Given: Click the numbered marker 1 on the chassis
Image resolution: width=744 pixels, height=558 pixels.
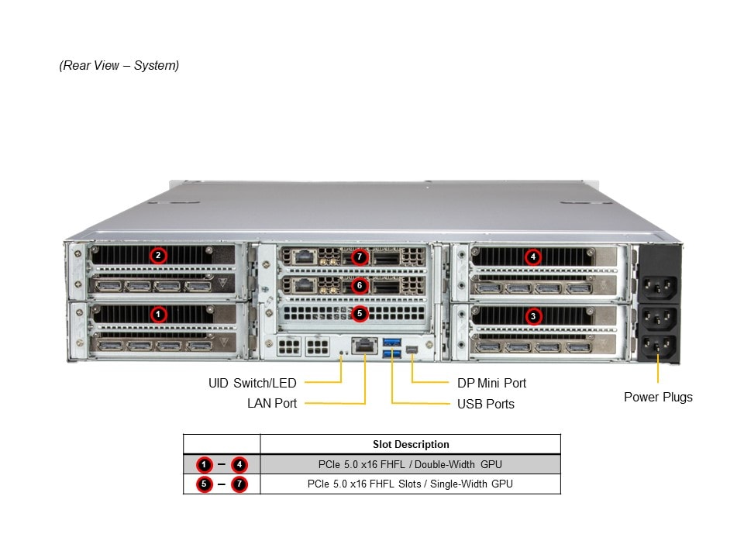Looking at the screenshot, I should [x=158, y=314].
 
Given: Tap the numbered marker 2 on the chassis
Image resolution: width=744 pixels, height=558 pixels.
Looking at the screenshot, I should [x=158, y=255].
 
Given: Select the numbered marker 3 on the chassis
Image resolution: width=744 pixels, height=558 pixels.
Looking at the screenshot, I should [x=532, y=315].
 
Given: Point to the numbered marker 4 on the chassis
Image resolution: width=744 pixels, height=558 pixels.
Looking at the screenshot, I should [x=532, y=257].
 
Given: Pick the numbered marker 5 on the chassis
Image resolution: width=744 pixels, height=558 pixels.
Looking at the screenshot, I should [x=359, y=313].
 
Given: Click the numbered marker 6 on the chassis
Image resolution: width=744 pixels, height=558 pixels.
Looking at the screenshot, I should [x=359, y=285].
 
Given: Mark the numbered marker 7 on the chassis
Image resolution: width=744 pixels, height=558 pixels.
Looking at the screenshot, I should [x=359, y=257].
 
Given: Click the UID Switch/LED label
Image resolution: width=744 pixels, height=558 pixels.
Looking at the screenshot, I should [x=252, y=383].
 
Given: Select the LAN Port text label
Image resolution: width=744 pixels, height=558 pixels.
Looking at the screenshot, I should [x=271, y=403].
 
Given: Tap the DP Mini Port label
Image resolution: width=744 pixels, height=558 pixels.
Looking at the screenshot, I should [x=491, y=383].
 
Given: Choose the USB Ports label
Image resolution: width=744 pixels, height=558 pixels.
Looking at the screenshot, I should [x=485, y=404].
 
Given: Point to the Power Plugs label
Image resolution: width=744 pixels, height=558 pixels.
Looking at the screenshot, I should [x=658, y=397].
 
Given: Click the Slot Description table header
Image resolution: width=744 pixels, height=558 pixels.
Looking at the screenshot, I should [x=410, y=444].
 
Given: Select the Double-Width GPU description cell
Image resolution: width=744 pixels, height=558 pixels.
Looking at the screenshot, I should [x=410, y=464].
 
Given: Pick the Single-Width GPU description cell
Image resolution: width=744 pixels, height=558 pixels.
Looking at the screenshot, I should [x=410, y=484].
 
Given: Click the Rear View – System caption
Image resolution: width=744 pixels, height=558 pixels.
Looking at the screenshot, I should [x=119, y=66].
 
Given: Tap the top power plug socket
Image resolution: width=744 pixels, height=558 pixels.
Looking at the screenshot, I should [x=658, y=288].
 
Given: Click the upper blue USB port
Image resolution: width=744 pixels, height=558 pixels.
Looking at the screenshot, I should [x=390, y=343].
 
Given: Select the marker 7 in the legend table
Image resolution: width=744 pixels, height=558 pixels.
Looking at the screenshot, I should [x=239, y=484].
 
